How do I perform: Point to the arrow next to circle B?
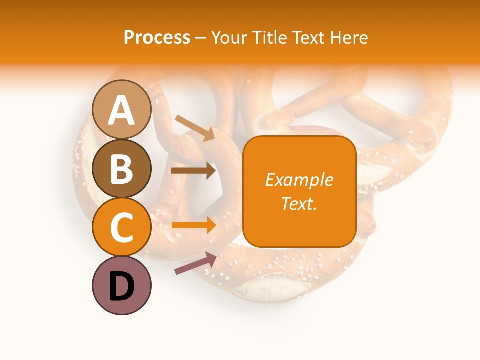(x=193, y=171)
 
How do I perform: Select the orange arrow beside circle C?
(x=193, y=225)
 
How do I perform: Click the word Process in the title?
(x=157, y=37)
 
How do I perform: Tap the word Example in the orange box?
(x=299, y=180)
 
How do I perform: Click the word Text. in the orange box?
(x=299, y=203)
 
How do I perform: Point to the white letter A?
(x=122, y=110)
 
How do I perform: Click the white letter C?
(x=122, y=227)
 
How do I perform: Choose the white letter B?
(x=122, y=169)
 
